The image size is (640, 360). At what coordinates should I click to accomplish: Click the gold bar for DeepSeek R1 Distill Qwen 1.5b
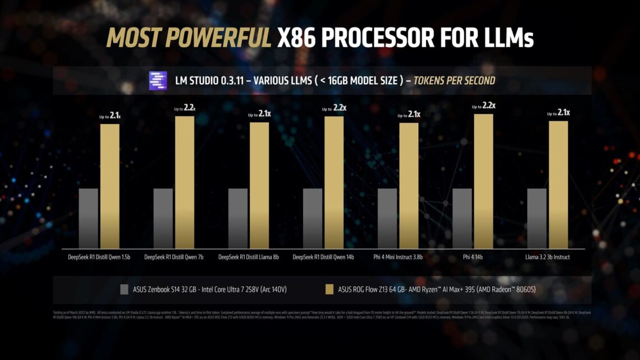tap(110, 186)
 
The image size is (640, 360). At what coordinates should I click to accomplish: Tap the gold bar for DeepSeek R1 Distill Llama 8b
tap(259, 185)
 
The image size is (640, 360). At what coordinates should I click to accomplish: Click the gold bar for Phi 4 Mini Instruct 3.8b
tap(409, 185)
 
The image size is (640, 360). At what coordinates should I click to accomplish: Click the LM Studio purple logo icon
tap(158, 81)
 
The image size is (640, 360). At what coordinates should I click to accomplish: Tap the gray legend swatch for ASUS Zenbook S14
tap(125, 290)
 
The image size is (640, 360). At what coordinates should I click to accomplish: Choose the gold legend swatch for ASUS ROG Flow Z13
tap(330, 290)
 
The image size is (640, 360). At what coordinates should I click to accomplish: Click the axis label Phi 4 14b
tap(473, 257)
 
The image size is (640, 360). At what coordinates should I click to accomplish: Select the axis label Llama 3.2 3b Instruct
tap(547, 257)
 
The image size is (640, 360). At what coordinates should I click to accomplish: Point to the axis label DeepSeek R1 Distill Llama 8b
tap(249, 257)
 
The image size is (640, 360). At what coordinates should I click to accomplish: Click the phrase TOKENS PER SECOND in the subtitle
tap(454, 81)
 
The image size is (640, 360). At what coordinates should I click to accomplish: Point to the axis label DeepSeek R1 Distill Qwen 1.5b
tap(99, 257)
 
